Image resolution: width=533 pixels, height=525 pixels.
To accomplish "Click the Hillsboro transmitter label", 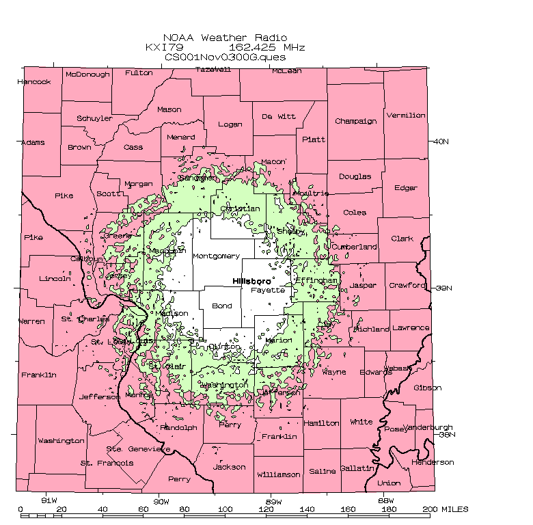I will [x=251, y=282].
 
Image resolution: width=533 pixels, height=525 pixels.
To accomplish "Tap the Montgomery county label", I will [x=216, y=256].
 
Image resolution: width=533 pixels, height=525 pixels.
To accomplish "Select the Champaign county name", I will [x=355, y=121].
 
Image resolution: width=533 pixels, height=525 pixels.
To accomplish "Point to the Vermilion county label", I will [x=406, y=116].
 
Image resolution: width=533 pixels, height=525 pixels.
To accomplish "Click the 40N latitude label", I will [x=441, y=142].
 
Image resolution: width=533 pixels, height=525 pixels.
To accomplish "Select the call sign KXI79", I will [x=161, y=47].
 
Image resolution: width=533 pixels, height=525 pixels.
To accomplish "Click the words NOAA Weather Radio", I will [x=225, y=38].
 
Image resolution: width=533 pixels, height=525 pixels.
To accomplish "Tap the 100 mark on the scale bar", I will [x=225, y=509].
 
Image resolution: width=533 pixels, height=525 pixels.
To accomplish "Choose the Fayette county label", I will [x=267, y=290].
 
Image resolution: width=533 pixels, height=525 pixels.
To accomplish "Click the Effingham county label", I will [x=316, y=280].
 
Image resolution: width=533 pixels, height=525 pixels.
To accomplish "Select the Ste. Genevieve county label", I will [x=138, y=449].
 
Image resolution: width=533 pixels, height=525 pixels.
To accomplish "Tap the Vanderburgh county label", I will [x=428, y=427].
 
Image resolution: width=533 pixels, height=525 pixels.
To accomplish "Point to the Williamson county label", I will [x=278, y=474].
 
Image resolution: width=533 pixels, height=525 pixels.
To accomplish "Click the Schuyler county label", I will [x=94, y=118].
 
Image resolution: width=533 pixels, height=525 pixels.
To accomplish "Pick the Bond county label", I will [x=222, y=306].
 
